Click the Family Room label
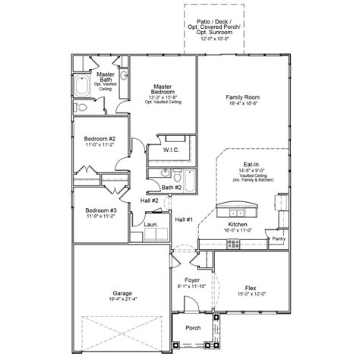243,98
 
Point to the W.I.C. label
171,150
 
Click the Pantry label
279,239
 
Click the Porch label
194,328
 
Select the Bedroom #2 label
100,139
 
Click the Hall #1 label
185,219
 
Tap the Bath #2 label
172,186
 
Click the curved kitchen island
237,208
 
